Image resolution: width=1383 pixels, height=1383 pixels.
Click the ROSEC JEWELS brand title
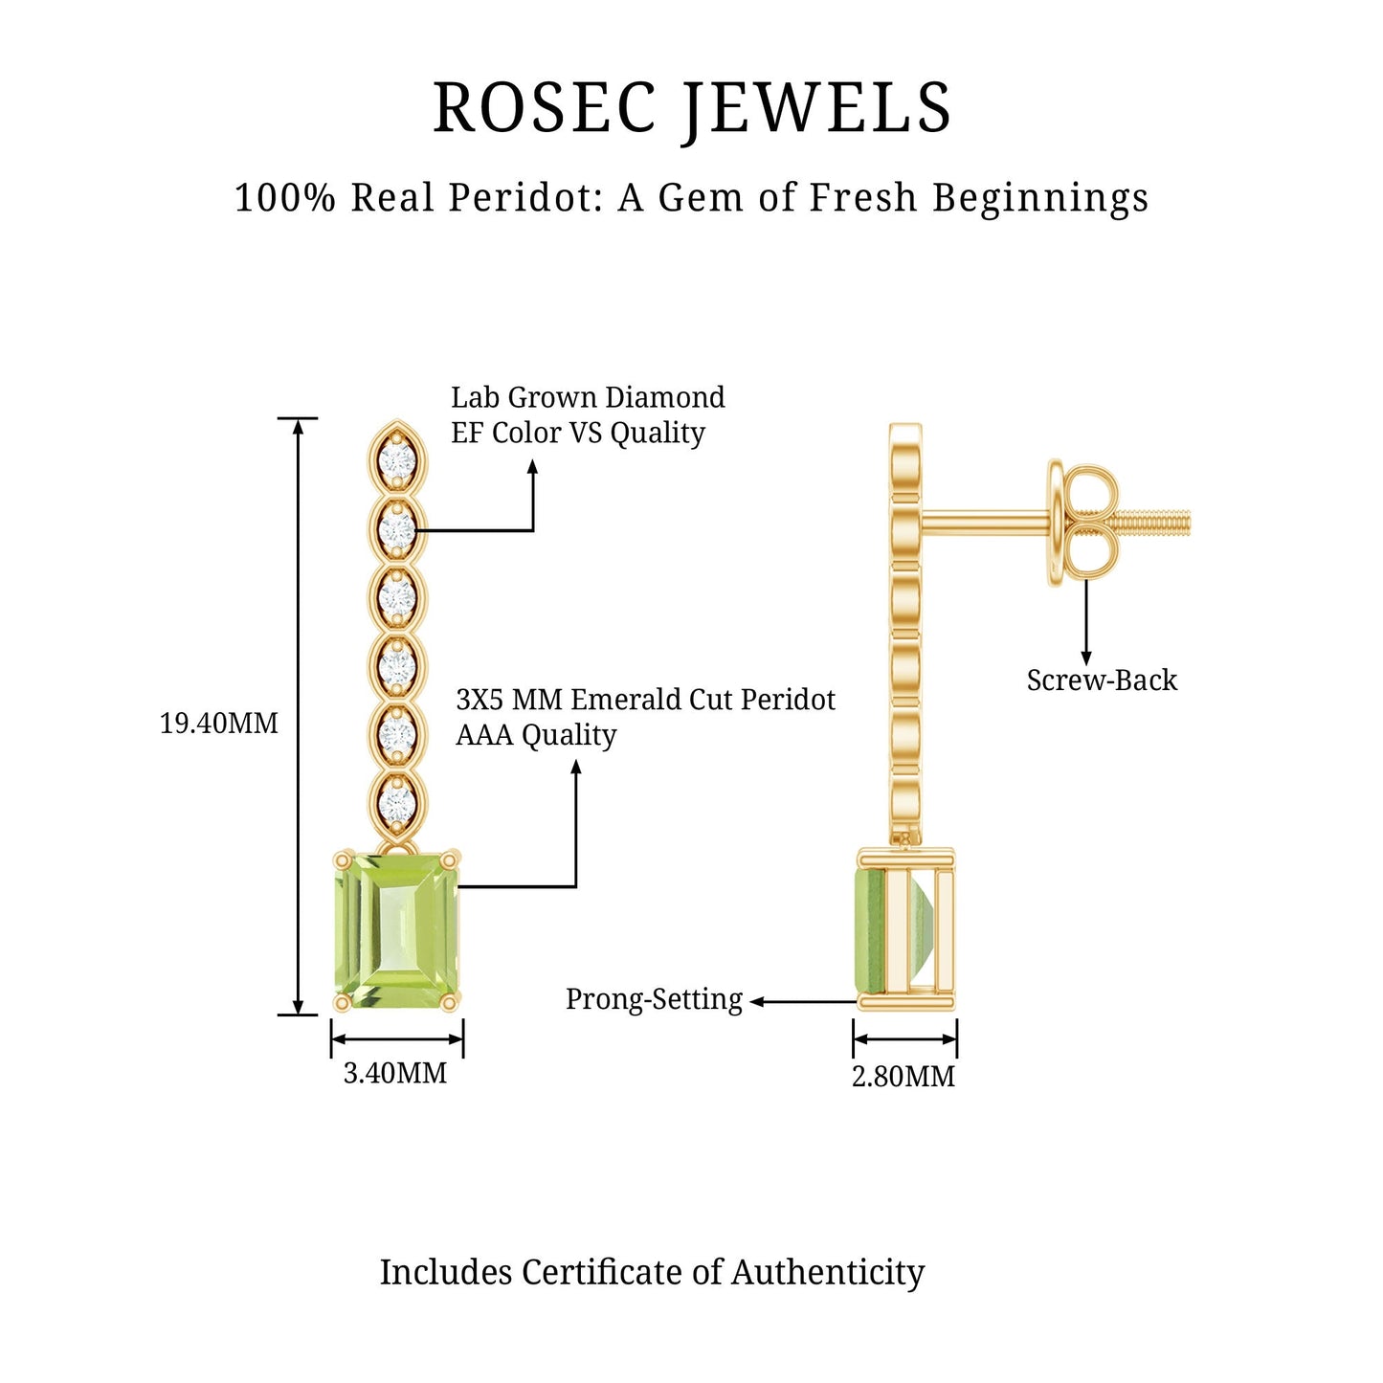tap(692, 107)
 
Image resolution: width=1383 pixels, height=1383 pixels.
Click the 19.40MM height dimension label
tap(218, 724)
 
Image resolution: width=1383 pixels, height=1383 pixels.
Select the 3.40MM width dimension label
tap(395, 1073)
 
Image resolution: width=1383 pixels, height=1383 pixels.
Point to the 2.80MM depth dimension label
tap(903, 1077)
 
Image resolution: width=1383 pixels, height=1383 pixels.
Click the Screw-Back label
tap(1102, 680)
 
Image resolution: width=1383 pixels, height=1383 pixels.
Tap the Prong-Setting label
tap(654, 999)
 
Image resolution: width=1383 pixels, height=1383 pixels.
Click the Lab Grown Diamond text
tap(588, 397)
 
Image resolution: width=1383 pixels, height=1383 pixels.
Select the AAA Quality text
tap(536, 735)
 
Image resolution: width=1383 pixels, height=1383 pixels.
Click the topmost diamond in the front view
tap(396, 461)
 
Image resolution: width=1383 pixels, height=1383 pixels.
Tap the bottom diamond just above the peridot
tap(396, 804)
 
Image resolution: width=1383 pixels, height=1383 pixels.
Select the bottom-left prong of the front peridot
tap(342, 1002)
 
